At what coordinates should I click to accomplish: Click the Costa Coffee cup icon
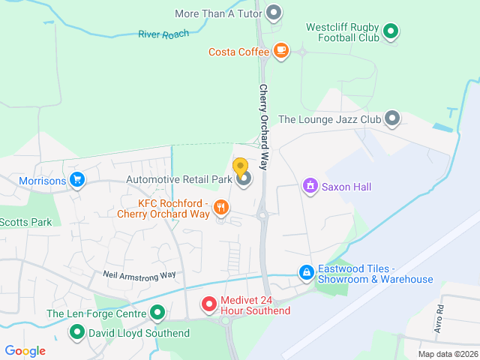pyautogui.click(x=281, y=51)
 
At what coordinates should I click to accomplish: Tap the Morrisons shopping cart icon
pyautogui.click(x=76, y=180)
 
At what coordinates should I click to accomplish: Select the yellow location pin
pyautogui.click(x=241, y=167)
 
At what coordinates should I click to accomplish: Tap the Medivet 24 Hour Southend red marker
pyautogui.click(x=210, y=304)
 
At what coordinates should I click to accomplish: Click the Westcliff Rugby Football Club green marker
pyautogui.click(x=390, y=31)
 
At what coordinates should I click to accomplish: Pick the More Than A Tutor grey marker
pyautogui.click(x=274, y=13)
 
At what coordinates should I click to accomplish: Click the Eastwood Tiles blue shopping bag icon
pyautogui.click(x=306, y=274)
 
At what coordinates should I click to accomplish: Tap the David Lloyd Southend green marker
pyautogui.click(x=76, y=331)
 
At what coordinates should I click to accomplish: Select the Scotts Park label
pyautogui.click(x=25, y=222)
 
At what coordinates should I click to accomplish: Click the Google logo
pyautogui.click(x=25, y=351)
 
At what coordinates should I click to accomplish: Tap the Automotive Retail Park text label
pyautogui.click(x=179, y=179)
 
